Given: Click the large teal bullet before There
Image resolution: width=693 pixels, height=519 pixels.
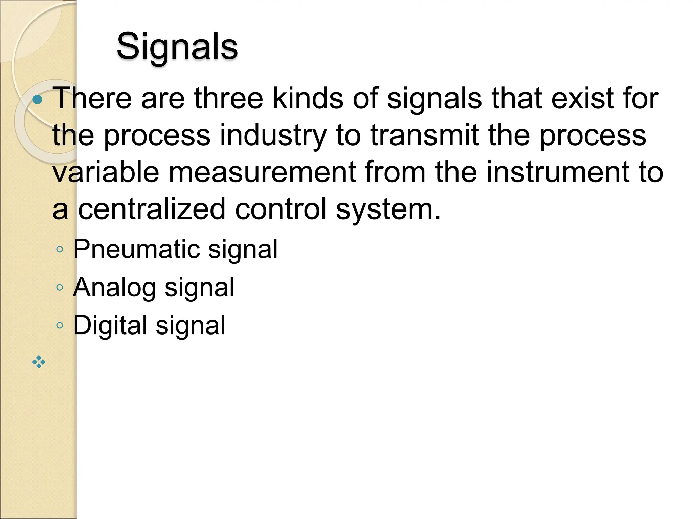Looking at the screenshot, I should click(x=38, y=100).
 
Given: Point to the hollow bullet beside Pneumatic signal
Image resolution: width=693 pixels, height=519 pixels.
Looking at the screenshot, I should click(x=60, y=250).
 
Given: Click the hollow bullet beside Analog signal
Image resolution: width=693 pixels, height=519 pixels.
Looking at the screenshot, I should click(x=60, y=288).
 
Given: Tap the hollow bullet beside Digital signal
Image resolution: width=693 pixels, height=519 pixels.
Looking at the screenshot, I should click(x=60, y=325).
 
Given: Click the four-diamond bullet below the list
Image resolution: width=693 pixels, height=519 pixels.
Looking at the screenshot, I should click(x=39, y=362).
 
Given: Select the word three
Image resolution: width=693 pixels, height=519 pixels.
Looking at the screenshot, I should click(x=229, y=98).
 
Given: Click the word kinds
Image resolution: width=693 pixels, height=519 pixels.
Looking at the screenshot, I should click(x=308, y=98).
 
